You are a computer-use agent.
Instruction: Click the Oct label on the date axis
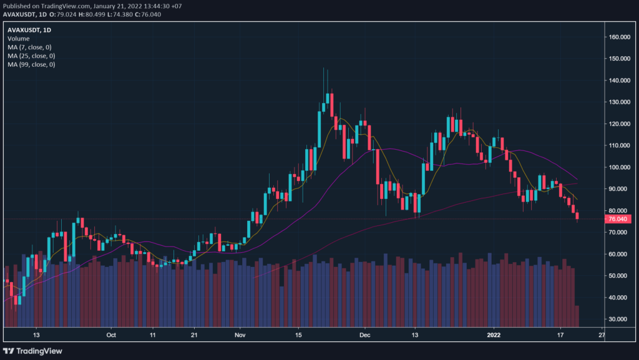coord(112,334)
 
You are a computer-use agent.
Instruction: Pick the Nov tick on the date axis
coord(240,334)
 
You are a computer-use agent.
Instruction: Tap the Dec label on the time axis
coord(366,334)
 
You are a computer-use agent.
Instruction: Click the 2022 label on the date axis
coord(494,334)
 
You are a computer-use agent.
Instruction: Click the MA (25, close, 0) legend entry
coord(31,56)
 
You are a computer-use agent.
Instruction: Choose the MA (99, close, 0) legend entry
coord(31,64)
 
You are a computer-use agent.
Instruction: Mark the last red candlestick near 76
coord(577,216)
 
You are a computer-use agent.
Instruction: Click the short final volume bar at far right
coord(577,316)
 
